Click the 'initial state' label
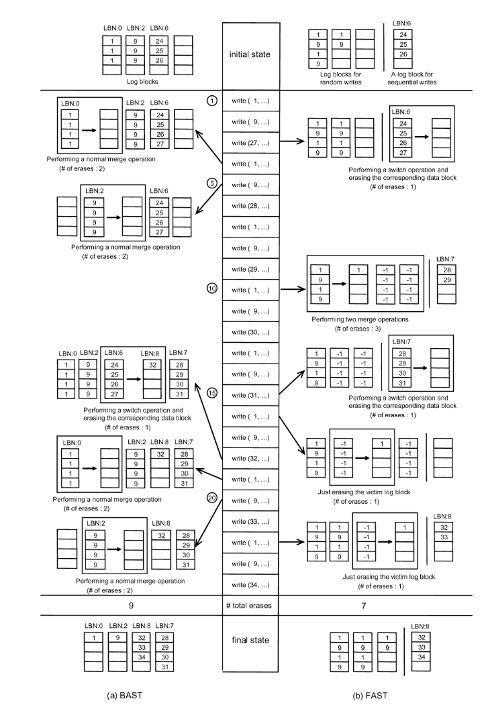[250, 53]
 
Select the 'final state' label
[250, 640]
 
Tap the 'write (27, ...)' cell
[250, 142]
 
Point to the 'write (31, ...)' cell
[250, 394]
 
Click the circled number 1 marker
[211, 101]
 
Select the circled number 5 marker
[211, 184]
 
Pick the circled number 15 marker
[211, 394]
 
